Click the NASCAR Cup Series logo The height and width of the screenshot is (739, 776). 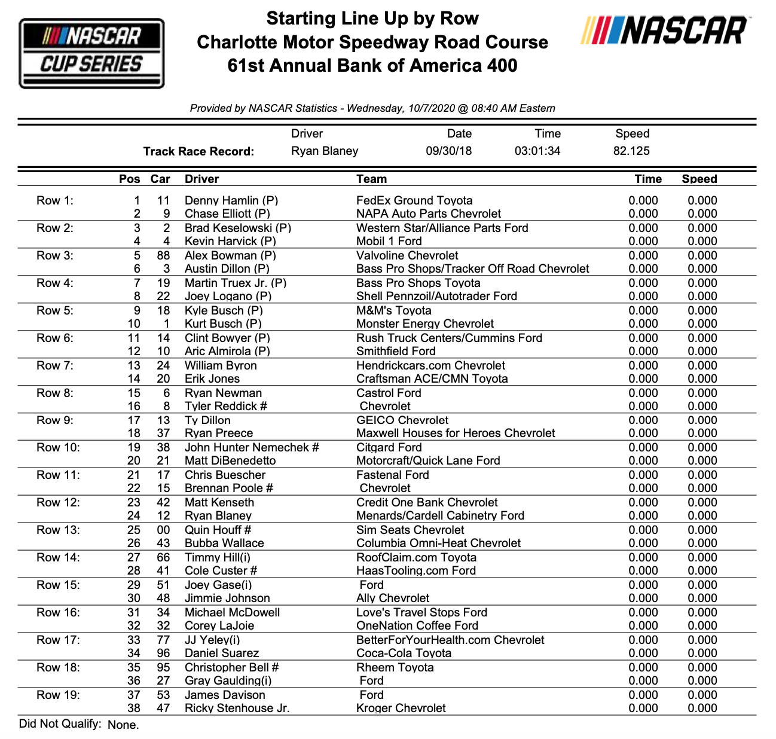tap(91, 53)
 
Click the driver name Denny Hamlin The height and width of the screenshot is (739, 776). tap(231, 201)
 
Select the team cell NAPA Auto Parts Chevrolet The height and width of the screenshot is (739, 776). tap(428, 214)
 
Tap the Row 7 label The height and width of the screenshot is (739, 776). tap(55, 366)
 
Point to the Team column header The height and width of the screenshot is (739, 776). tap(371, 179)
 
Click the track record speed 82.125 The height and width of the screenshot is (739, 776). tap(631, 151)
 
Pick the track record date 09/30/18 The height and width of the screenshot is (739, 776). tap(448, 151)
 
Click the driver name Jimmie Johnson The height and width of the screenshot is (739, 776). tap(227, 598)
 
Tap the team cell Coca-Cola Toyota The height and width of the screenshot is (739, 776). tap(404, 654)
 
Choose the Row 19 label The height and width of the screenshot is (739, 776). tap(58, 695)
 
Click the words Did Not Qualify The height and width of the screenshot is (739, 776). tap(60, 724)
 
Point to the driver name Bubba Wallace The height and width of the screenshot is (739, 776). tap(224, 543)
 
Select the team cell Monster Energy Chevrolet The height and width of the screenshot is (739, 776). tap(424, 324)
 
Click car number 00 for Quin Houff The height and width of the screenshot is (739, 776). tap(163, 530)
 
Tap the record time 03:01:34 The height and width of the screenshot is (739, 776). tap(537, 151)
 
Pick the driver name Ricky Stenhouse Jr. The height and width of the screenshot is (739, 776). tap(237, 709)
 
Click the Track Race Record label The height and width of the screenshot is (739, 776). tap(198, 151)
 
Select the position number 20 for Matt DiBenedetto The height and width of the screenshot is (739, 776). tap(134, 461)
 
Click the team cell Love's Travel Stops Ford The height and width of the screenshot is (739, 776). tap(421, 613)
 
